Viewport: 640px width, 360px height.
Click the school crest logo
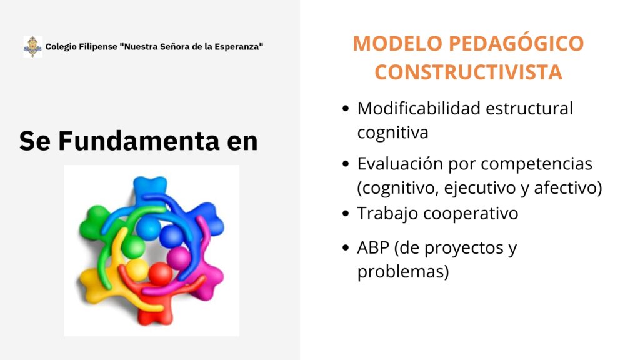point(32,46)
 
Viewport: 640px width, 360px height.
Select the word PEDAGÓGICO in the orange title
point(516,43)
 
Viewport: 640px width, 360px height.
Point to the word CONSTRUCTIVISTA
point(469,72)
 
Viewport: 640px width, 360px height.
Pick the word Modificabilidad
point(419,109)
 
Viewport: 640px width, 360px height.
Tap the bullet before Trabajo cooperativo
point(346,214)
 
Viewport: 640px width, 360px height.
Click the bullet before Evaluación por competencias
point(346,164)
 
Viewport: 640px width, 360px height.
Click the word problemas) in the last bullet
point(403,271)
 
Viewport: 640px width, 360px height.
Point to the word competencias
point(536,164)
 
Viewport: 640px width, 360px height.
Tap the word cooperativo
point(471,214)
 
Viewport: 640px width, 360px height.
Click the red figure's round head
point(160,274)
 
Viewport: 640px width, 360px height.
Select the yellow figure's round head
point(137,269)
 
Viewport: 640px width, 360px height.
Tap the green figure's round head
point(133,246)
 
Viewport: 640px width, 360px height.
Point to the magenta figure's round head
point(178,258)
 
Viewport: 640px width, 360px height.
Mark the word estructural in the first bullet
point(529,109)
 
